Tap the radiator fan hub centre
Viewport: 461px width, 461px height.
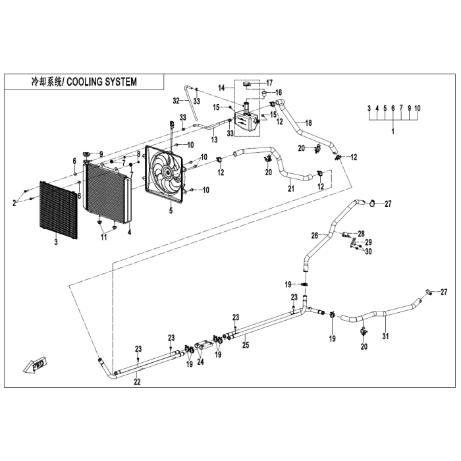[x=168, y=173]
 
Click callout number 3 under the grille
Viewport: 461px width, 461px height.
[x=56, y=242]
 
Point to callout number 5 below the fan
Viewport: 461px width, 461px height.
[x=171, y=211]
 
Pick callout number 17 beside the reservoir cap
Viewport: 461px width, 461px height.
[x=269, y=83]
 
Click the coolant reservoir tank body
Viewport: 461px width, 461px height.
[x=246, y=122]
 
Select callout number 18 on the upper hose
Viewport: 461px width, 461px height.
[x=308, y=122]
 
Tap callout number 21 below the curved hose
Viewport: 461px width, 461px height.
[x=291, y=188]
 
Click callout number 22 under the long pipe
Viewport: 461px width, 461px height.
[x=137, y=382]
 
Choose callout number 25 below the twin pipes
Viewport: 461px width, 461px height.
[x=246, y=344]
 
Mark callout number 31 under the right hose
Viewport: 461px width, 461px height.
[x=385, y=336]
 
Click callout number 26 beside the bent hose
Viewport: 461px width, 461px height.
[x=315, y=236]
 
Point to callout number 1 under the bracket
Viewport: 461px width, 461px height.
[x=393, y=131]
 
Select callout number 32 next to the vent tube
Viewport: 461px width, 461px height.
[x=176, y=101]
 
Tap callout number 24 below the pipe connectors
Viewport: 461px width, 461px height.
[x=200, y=362]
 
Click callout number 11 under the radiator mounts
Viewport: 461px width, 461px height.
[x=104, y=236]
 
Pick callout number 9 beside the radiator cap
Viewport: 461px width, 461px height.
[x=101, y=153]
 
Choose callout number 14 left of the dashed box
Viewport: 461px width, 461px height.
[x=222, y=88]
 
